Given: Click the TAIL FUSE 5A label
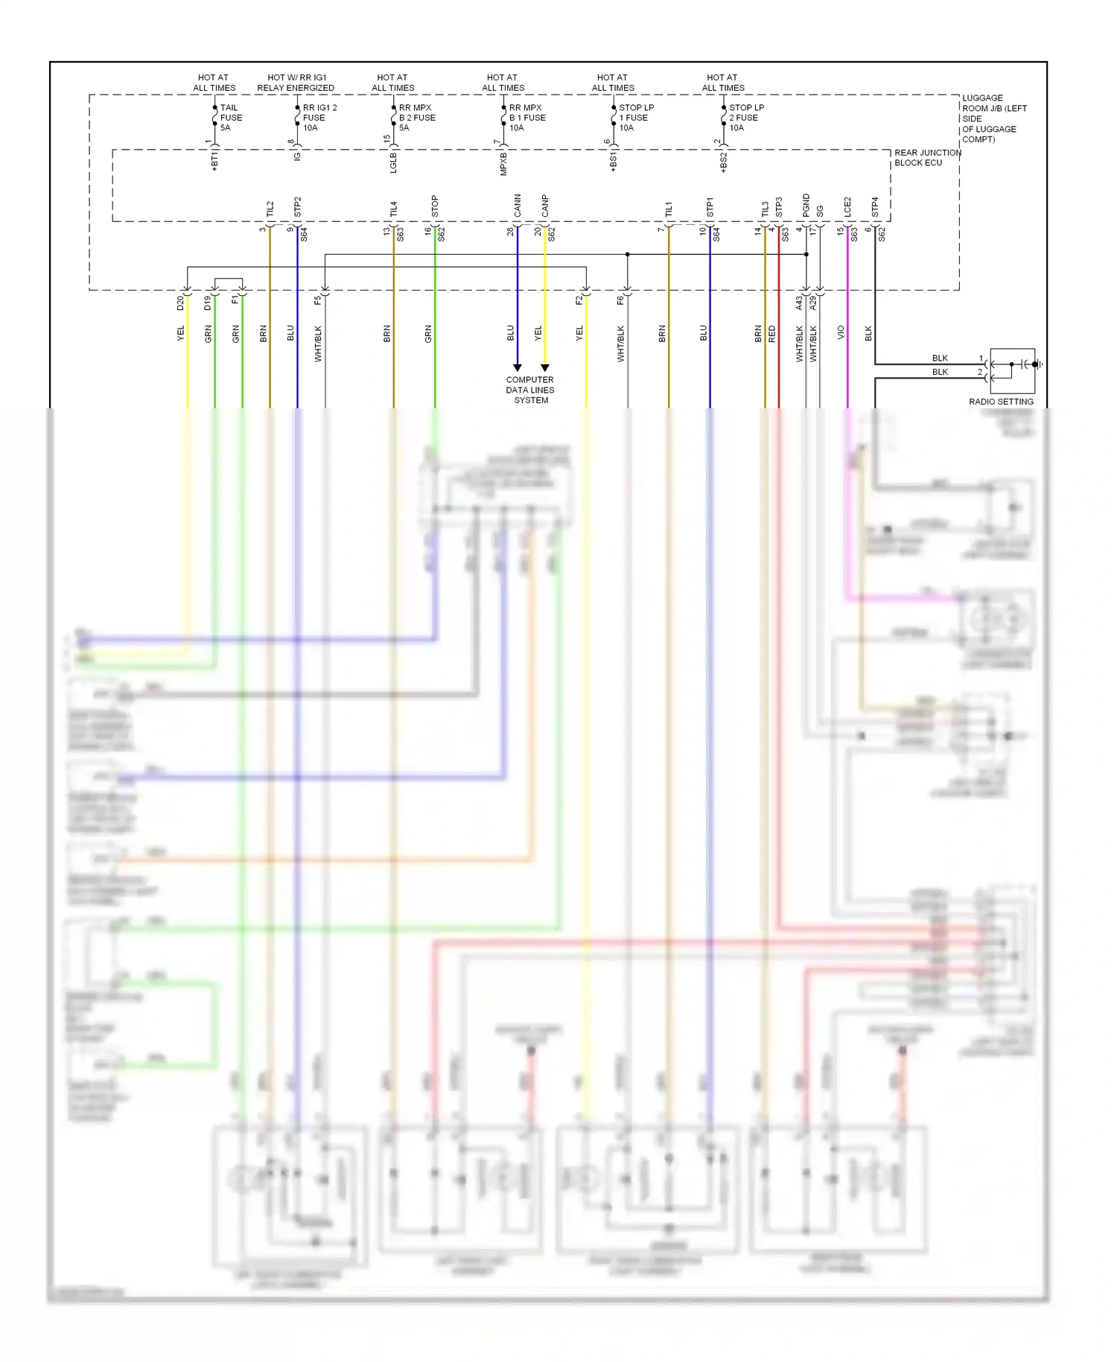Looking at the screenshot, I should pyautogui.click(x=230, y=118).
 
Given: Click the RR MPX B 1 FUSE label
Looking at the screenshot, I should pyautogui.click(x=526, y=118).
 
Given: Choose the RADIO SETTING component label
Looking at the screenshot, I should pyautogui.click(x=1001, y=402).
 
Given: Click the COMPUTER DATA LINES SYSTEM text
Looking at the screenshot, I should pyautogui.click(x=530, y=390).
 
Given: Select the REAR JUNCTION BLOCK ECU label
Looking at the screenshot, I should pyautogui.click(x=927, y=158).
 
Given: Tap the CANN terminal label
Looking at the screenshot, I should pyautogui.click(x=518, y=206).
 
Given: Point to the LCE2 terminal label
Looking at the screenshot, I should pyautogui.click(x=847, y=207).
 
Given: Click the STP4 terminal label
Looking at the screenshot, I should pyautogui.click(x=875, y=207).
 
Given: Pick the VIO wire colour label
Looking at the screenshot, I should pyautogui.click(x=841, y=333).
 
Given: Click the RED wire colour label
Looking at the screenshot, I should pyautogui.click(x=772, y=333).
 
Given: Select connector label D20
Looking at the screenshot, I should pyautogui.click(x=180, y=303).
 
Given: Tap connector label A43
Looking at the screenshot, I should pyautogui.click(x=799, y=303).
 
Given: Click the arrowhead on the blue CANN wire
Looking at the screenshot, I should pyautogui.click(x=518, y=367).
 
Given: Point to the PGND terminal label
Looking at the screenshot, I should pyautogui.click(x=806, y=206).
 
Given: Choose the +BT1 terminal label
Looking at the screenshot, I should pyautogui.click(x=214, y=162).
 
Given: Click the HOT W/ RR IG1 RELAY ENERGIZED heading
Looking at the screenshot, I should pyautogui.click(x=296, y=83).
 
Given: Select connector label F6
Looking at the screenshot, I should pyautogui.click(x=620, y=300).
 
